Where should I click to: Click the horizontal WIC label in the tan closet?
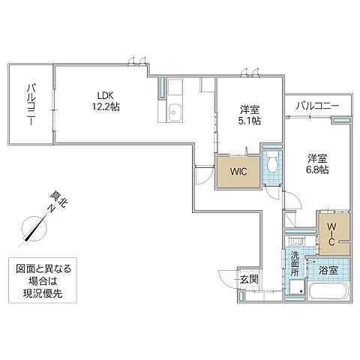pos(238,172)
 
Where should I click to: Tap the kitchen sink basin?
pos(175,112)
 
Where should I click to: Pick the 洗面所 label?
pos(295,264)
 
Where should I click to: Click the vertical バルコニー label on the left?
pos(31,104)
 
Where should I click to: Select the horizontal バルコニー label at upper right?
pos(316,105)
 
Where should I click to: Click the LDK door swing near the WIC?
pos(203,175)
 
